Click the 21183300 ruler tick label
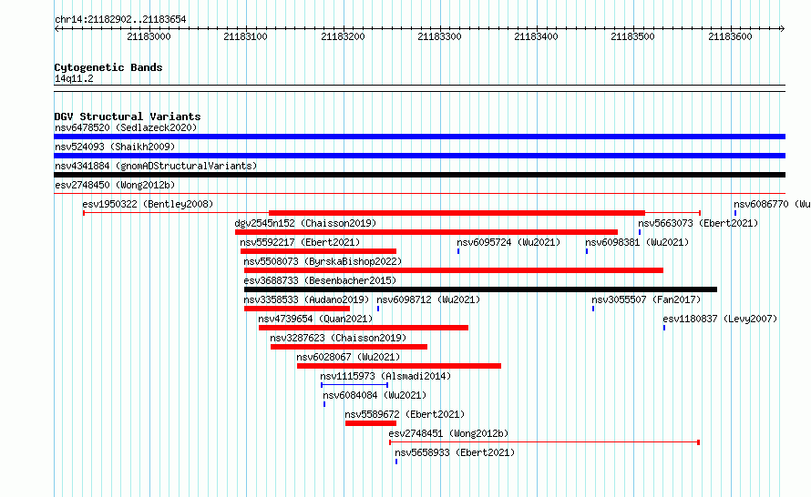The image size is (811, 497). [x=439, y=36]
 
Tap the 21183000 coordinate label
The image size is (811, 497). [x=149, y=36]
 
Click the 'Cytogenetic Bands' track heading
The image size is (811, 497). [x=108, y=67]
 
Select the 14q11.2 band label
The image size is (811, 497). [x=74, y=78]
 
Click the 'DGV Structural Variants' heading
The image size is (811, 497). [x=128, y=117]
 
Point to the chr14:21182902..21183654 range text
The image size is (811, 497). [x=120, y=20]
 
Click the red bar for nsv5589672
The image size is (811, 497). [x=370, y=423]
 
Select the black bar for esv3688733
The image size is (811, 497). [x=480, y=289]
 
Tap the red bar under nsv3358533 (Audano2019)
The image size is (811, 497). [x=297, y=309]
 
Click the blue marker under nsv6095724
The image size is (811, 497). [x=458, y=251]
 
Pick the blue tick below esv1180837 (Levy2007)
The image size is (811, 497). [x=664, y=328]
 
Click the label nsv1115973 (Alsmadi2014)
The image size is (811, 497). [x=385, y=376]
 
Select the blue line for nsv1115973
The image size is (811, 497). [x=354, y=385]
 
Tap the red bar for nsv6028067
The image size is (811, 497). [x=399, y=366]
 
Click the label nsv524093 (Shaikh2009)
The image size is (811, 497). [x=115, y=147]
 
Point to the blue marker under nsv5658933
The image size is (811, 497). [x=396, y=461]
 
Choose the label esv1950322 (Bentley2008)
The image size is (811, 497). [x=148, y=204]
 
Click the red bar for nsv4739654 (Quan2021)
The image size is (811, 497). [x=363, y=328]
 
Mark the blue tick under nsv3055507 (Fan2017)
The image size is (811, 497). [x=593, y=309]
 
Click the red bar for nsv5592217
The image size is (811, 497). [x=318, y=251]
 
